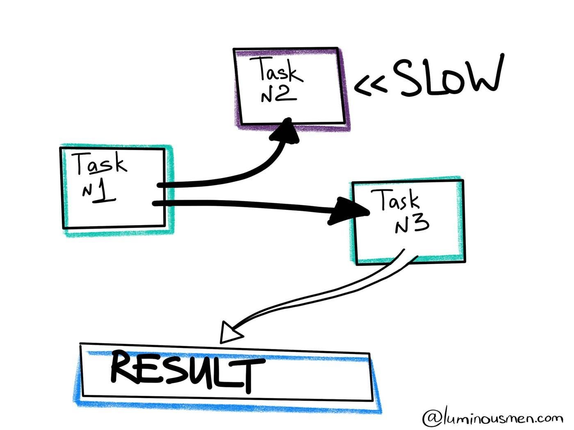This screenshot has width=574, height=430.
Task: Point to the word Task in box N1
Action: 100,163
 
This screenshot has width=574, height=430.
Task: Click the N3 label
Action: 412,224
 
